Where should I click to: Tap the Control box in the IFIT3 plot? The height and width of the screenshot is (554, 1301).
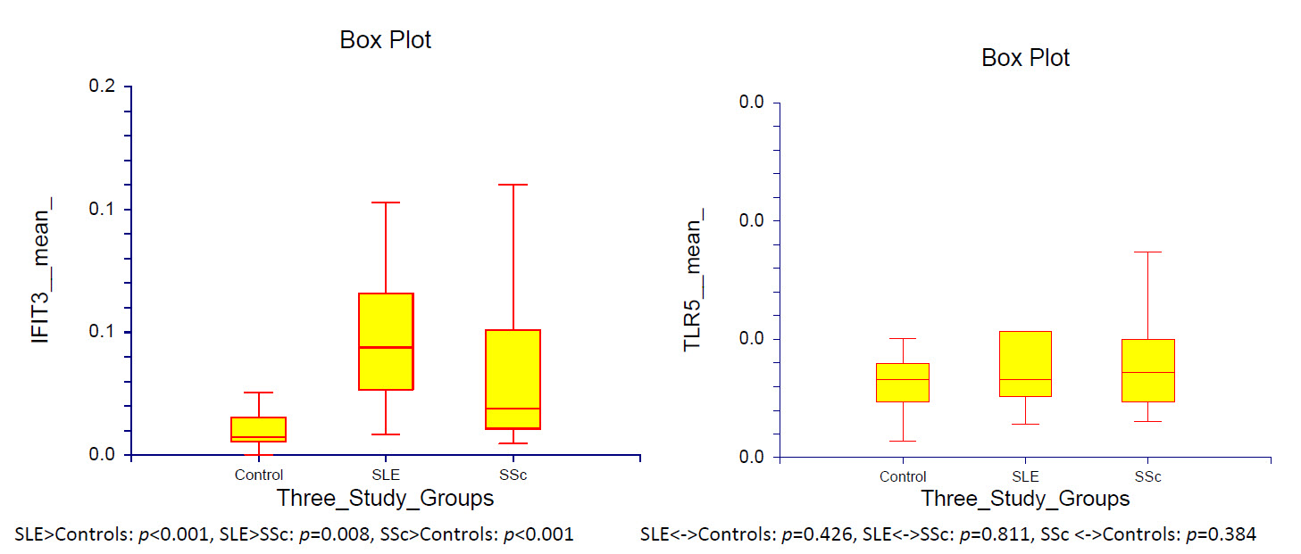coord(258,429)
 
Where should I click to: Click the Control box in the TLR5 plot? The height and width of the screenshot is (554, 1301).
coord(903,382)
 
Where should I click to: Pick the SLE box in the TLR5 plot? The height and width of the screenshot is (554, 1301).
coord(1025,363)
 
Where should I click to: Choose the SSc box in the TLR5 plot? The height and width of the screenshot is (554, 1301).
coord(1147,370)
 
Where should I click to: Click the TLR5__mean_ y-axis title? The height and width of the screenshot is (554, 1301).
coord(694,278)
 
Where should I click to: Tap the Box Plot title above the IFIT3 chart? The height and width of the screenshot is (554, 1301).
coord(385,40)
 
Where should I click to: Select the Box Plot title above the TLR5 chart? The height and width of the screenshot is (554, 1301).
coord(1025,58)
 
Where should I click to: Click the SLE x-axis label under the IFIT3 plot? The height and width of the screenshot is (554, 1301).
coord(386,475)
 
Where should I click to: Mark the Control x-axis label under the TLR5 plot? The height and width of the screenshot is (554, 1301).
coord(903,476)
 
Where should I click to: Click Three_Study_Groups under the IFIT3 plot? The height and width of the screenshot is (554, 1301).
coord(385,497)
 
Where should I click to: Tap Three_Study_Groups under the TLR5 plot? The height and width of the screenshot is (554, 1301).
coord(1025,498)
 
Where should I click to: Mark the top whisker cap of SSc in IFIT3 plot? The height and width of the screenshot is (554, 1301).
coord(513,185)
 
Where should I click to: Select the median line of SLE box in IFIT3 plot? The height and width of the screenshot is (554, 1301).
coord(386,347)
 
